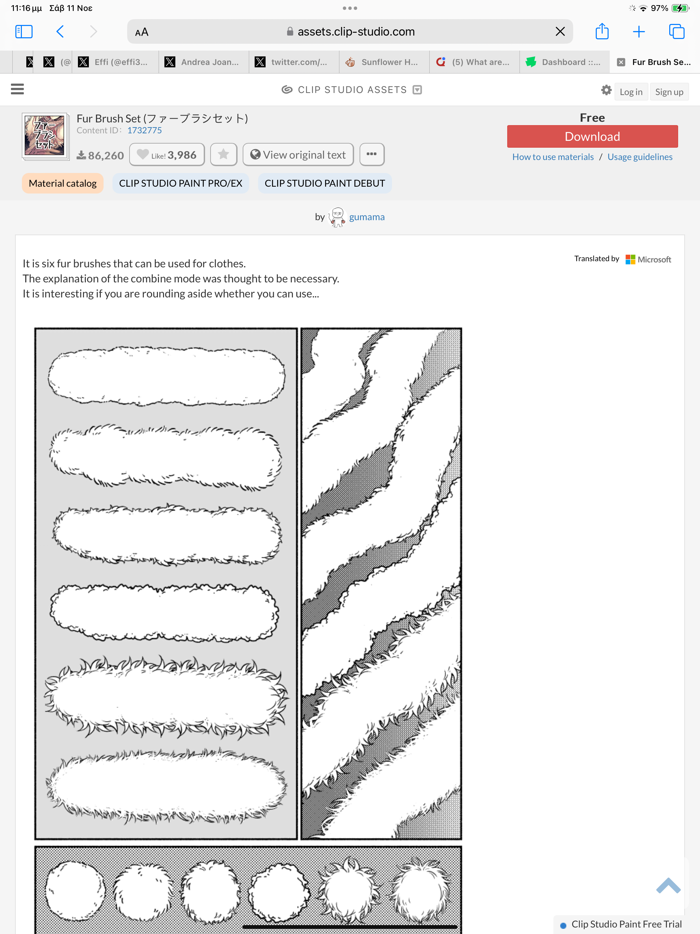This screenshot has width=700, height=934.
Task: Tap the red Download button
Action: click(592, 136)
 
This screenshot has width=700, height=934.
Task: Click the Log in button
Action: click(631, 92)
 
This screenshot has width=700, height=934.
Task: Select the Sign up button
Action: click(669, 92)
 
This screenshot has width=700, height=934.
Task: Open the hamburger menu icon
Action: click(17, 89)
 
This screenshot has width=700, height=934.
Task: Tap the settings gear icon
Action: click(606, 90)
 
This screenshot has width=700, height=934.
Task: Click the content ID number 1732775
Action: click(144, 131)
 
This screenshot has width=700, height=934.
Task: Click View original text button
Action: click(298, 155)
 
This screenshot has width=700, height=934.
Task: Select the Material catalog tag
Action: click(63, 183)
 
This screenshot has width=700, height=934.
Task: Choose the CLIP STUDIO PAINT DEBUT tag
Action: click(325, 183)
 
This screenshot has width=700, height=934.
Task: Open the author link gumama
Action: click(366, 217)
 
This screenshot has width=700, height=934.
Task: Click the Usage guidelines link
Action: click(640, 157)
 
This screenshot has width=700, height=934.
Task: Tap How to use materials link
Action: click(553, 157)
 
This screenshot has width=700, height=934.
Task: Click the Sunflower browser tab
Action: click(384, 62)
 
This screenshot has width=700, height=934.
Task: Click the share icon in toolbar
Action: click(602, 31)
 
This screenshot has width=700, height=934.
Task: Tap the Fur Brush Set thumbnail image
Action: click(45, 136)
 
